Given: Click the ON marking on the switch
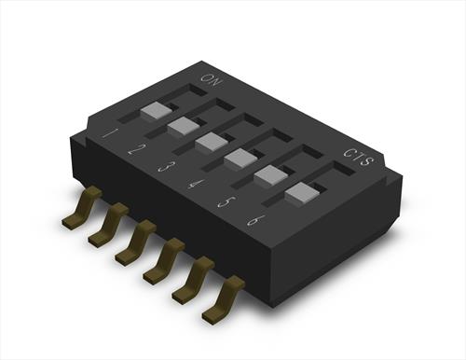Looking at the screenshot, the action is pyautogui.click(x=212, y=80).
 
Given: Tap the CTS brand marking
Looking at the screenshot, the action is pyautogui.click(x=359, y=157).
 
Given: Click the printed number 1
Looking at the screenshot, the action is pyautogui.click(x=109, y=133).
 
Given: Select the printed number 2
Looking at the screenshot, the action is pyautogui.click(x=135, y=150).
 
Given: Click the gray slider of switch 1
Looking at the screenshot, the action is pyautogui.click(x=156, y=111).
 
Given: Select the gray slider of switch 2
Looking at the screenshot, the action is pyautogui.click(x=184, y=126).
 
